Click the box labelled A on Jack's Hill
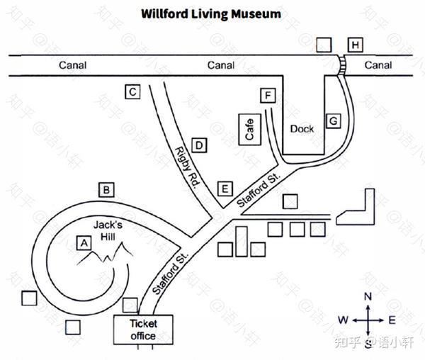[85, 243]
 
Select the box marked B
[107, 190]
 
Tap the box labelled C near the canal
[131, 91]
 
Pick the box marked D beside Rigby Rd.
[200, 146]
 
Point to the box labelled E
[225, 189]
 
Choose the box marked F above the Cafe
[266, 96]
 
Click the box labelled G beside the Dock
[333, 121]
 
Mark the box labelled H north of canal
[356, 45]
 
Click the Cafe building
[249, 129]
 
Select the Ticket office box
[142, 330]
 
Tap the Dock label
[302, 129]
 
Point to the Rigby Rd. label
[186, 167]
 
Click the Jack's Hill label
[109, 230]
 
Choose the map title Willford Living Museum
[210, 13]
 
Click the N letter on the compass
[368, 296]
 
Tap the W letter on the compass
[343, 320]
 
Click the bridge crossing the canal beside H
[344, 66]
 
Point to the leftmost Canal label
[72, 65]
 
